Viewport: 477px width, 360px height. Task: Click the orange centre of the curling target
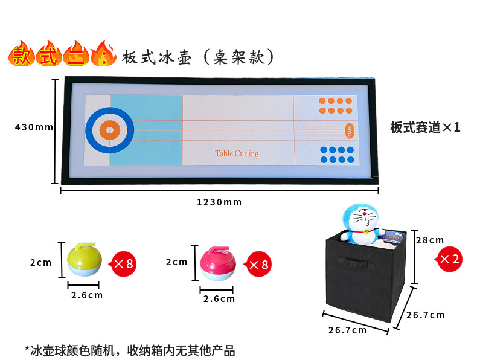click(109, 129)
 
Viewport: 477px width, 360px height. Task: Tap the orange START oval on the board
click(348, 129)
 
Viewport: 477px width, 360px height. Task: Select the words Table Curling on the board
click(237, 153)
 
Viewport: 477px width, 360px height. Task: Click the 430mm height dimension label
click(34, 127)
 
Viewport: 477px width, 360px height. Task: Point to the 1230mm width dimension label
click(219, 202)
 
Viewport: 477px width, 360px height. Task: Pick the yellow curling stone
click(84, 259)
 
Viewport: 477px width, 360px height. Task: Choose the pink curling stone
click(218, 263)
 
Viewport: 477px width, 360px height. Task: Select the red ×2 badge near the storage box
click(449, 259)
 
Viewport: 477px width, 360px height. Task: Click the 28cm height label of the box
click(430, 240)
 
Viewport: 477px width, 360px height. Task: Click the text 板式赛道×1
click(425, 127)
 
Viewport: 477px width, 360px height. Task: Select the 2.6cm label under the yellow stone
click(87, 295)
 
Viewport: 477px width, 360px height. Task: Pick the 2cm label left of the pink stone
click(177, 262)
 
